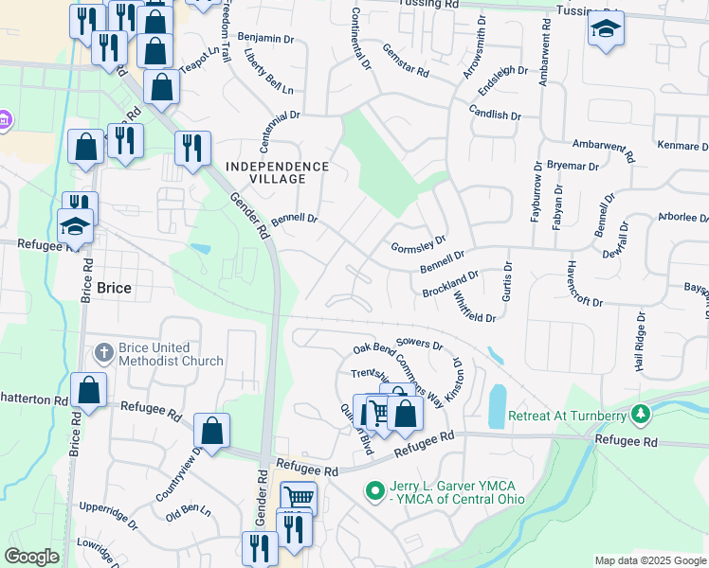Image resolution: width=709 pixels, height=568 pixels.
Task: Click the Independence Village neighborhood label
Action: (x=278, y=172)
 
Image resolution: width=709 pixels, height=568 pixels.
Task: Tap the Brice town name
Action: (x=113, y=287)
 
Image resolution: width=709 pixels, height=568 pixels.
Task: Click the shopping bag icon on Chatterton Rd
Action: (x=88, y=390)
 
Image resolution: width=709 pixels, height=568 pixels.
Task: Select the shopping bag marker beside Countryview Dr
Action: (x=213, y=431)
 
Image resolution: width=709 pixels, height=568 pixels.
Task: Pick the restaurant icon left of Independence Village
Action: (x=192, y=148)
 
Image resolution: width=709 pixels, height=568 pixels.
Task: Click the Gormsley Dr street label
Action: (x=418, y=245)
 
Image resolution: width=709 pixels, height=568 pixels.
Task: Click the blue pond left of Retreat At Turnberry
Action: (x=497, y=406)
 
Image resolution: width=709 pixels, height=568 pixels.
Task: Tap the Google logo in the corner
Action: (x=32, y=557)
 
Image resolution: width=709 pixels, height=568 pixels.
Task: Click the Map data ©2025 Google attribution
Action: (x=648, y=560)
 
